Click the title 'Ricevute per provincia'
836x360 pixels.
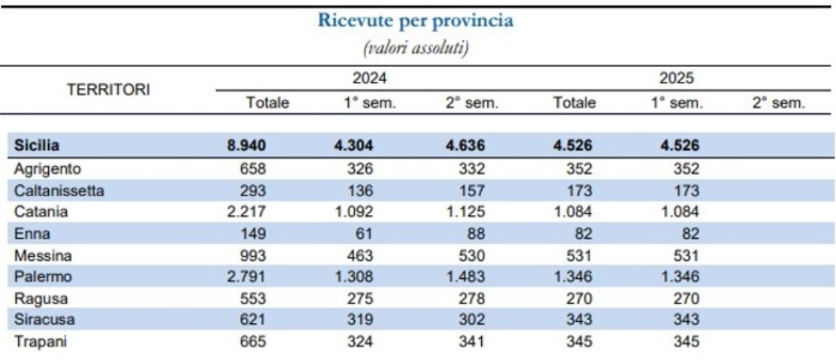coord(416,21)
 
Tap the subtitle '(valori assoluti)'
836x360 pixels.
coord(416,49)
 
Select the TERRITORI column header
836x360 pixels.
coord(108,89)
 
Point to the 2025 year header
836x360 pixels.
coord(677,77)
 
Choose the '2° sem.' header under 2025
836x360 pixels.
coord(778,103)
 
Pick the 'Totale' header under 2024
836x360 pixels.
coord(267,103)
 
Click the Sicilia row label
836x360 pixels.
coord(37,147)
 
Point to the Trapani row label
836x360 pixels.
coord(41,342)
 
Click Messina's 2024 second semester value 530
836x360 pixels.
coord(471,256)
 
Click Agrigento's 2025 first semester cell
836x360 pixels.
coord(683,168)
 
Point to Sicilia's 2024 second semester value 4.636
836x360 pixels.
coord(465,147)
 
